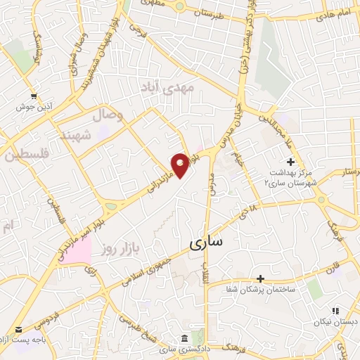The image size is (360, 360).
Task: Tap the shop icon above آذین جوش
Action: point(33,96)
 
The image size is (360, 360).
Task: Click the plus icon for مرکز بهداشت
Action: point(290,162)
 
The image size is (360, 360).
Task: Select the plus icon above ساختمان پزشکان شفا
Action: point(261,279)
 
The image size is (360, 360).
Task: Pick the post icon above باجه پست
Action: point(19,328)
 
